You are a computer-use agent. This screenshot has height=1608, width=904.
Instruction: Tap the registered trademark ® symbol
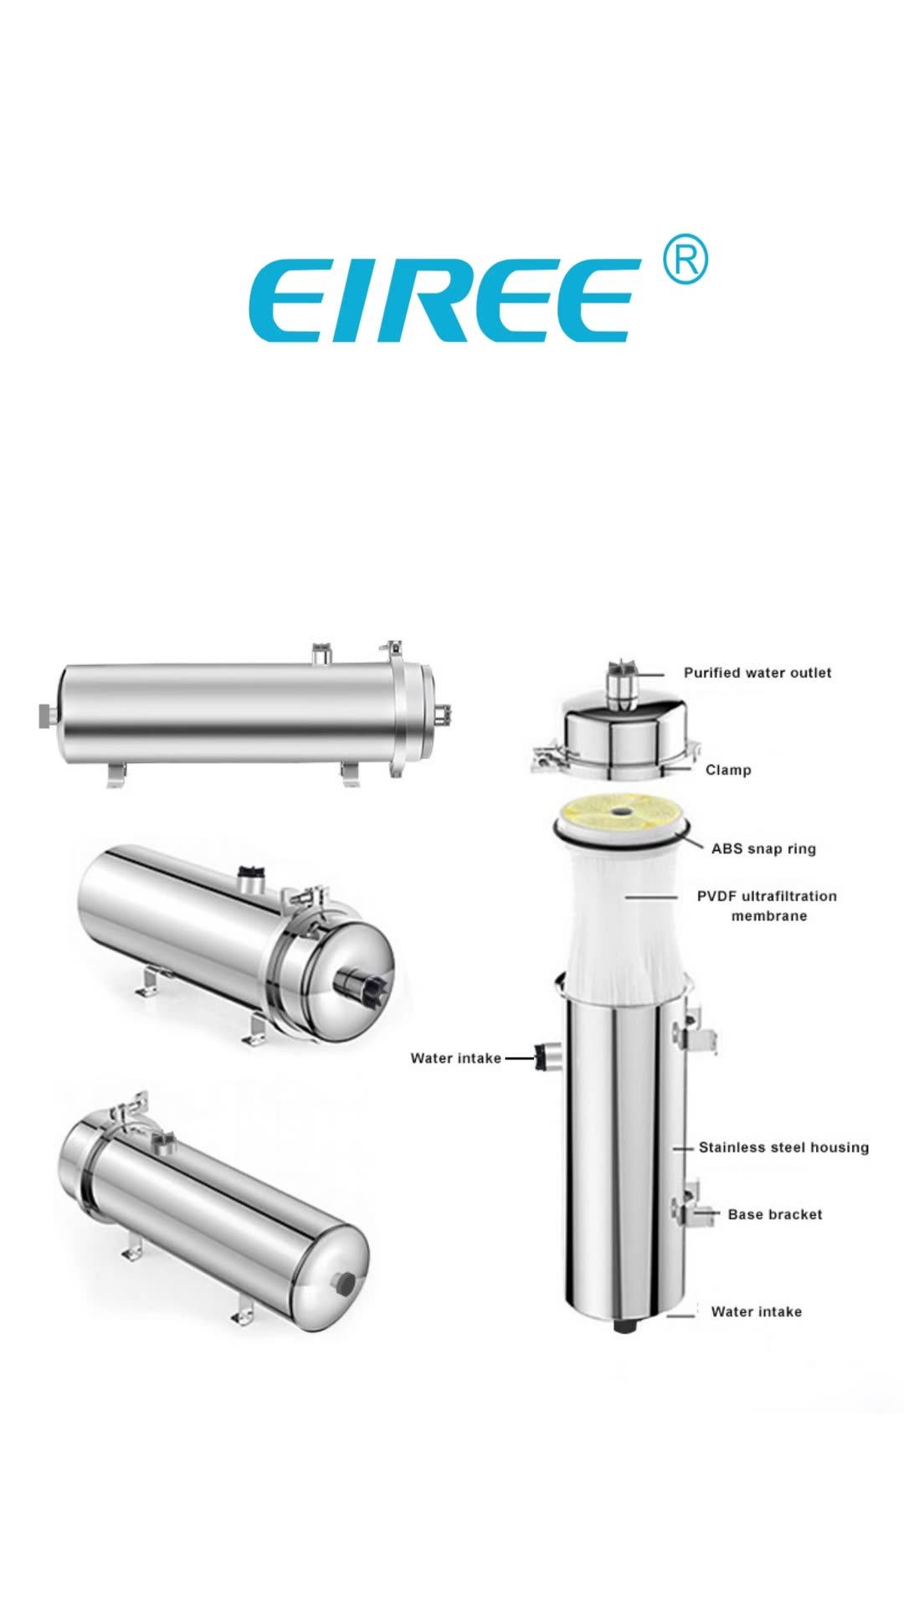(x=684, y=261)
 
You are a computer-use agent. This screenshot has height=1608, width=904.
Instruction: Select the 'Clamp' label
(x=727, y=770)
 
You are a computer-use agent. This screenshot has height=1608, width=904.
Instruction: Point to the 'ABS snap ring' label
(x=763, y=848)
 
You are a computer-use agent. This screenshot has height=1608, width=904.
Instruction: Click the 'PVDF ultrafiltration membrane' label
(x=767, y=905)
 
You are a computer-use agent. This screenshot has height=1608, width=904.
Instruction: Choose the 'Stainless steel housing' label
(x=783, y=1147)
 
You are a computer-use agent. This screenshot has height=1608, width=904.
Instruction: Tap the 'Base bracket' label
(x=774, y=1214)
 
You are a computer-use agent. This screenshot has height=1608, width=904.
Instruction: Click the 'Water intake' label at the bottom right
(x=756, y=1312)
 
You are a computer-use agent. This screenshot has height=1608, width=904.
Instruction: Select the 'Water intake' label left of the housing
(x=455, y=1058)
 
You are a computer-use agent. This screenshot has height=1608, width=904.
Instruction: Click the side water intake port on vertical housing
(x=549, y=1058)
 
